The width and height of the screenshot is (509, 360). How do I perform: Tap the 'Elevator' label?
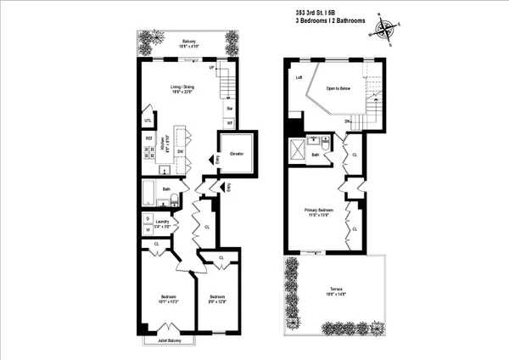pos(237,154)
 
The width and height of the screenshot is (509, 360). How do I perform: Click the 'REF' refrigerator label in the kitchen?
pos(148,138)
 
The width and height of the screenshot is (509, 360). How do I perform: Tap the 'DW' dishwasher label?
pos(180,152)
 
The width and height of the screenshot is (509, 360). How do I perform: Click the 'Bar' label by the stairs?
pos(229,109)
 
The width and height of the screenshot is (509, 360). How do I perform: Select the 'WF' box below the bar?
pos(229,123)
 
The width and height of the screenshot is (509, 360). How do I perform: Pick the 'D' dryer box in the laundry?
pos(148,219)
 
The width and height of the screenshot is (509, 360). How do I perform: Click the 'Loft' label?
pos(299,77)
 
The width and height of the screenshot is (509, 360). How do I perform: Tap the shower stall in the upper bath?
pos(299,150)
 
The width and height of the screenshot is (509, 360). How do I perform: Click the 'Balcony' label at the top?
pos(187,40)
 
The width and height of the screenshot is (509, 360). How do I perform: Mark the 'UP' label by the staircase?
pos(211,67)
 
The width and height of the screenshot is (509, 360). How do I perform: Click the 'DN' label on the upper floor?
pos(347,121)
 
